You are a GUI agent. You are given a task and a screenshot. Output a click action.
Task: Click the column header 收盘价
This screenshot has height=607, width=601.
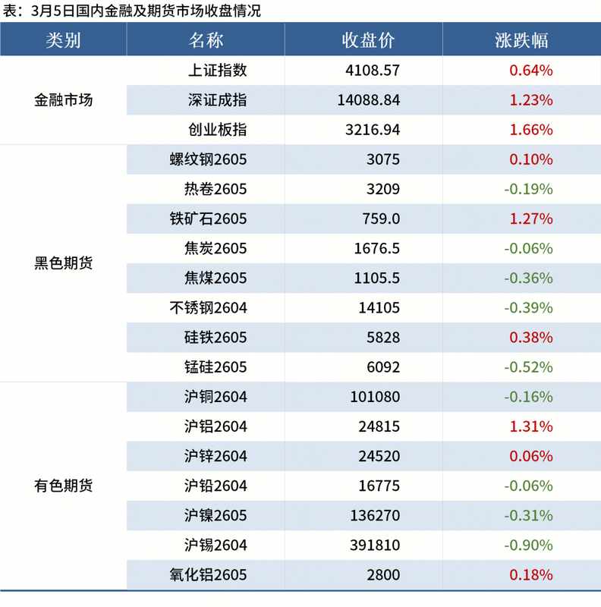coord(368,40)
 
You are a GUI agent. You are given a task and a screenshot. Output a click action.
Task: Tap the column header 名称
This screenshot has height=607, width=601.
coord(206,40)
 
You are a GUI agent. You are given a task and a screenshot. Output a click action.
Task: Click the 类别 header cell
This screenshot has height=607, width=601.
coord(63,40)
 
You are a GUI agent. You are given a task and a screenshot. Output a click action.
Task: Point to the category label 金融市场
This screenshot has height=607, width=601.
coord(64,100)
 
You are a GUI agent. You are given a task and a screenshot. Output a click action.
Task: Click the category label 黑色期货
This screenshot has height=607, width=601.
coord(64,263)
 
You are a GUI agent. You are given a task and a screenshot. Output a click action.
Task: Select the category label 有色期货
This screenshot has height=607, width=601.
coord(64,486)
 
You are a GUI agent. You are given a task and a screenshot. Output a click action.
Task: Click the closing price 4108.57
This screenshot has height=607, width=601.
coord(372,71)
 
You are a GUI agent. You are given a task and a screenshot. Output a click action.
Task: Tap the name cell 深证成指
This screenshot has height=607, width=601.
coord(217,100)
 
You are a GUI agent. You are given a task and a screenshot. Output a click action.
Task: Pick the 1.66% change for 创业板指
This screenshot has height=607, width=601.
coord(530,130)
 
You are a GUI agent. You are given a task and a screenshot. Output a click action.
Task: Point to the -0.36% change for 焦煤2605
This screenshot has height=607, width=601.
coord(528,278)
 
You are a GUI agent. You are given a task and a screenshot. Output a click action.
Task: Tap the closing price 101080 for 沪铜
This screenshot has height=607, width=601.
coord(375,397)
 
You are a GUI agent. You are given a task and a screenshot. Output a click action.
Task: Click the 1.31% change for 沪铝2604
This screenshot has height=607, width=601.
coord(530,426)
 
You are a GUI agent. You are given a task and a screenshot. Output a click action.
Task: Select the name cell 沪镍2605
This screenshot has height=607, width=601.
coord(216,515)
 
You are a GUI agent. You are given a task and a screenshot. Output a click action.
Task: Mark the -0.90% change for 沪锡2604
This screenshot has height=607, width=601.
coord(528,545)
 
